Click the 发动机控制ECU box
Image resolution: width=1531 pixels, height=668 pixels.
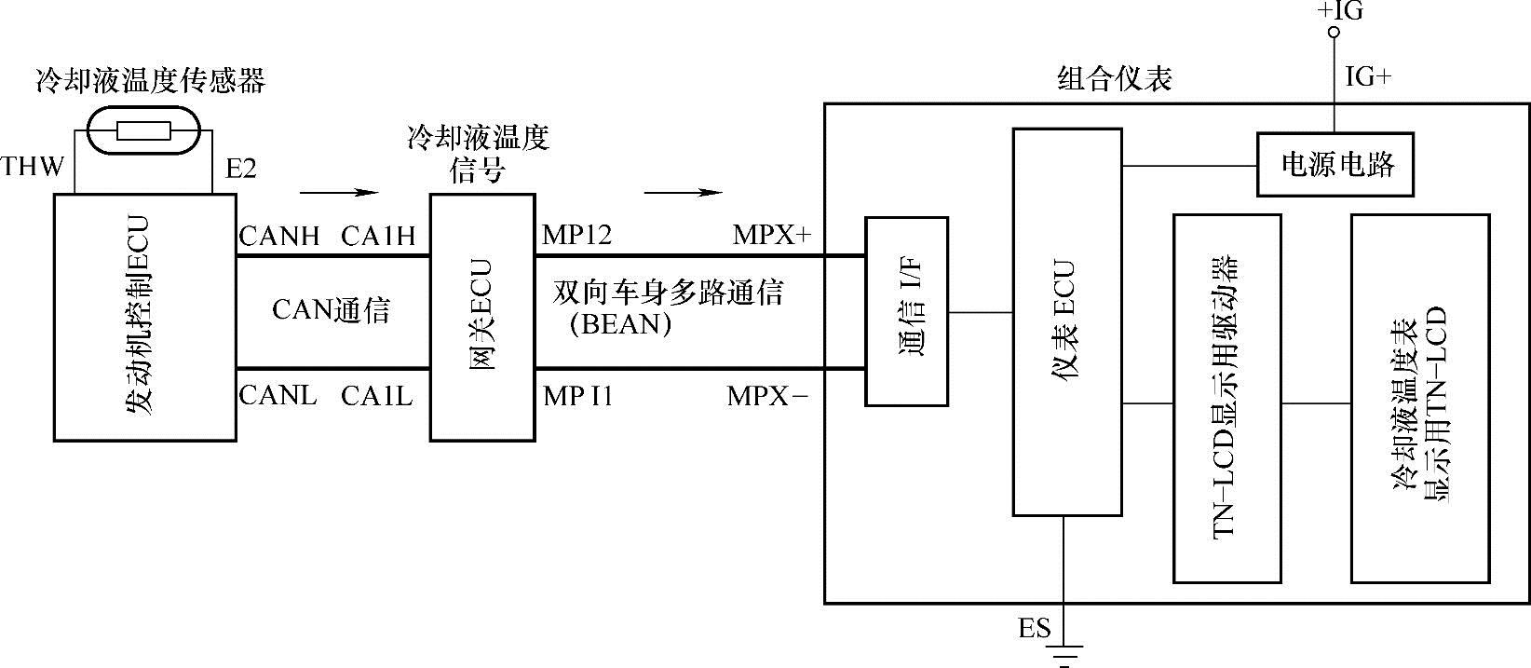(144, 317)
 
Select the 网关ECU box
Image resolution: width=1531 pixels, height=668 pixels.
(481, 317)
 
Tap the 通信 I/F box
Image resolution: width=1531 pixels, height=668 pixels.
(906, 311)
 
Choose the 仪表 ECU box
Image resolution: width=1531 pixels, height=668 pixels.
(1067, 321)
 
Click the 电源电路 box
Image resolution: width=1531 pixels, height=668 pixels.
(1334, 165)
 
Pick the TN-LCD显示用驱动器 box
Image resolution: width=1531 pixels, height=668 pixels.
(1226, 399)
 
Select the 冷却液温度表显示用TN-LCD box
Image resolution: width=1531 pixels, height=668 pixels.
(1419, 399)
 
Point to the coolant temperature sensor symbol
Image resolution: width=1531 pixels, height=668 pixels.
(143, 131)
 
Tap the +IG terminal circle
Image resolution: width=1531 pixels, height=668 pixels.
(1333, 33)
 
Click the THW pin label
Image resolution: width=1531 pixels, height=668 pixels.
(33, 168)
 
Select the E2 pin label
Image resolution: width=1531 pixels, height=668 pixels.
(241, 169)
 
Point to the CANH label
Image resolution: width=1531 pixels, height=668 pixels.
(278, 236)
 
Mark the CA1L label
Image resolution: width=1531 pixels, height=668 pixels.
(376, 396)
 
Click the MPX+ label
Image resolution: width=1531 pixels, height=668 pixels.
(771, 236)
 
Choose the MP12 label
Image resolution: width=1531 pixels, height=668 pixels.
(576, 236)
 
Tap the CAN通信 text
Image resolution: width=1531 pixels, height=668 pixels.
(331, 310)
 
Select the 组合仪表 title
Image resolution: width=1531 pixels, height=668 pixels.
(1115, 78)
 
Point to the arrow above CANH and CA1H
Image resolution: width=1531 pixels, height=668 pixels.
(339, 193)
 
